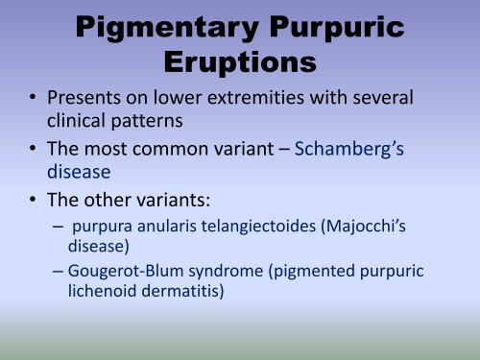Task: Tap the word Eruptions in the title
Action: coord(238,65)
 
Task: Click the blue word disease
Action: coord(83,174)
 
